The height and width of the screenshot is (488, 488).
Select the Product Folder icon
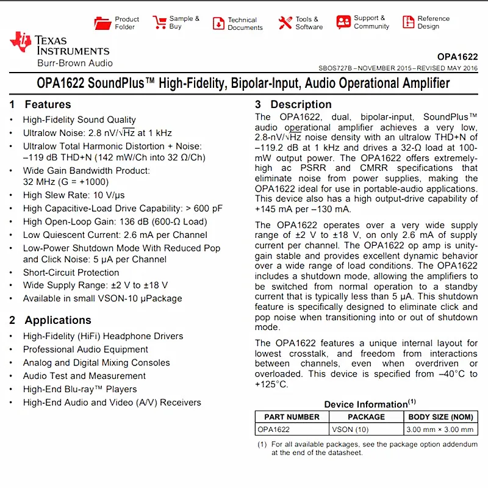[x=102, y=23]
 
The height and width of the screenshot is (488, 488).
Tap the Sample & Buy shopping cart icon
[x=159, y=23]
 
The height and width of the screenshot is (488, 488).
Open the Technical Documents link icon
[x=218, y=23]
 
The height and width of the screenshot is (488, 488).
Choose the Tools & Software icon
[x=285, y=23]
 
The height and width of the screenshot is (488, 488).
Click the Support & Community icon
[x=343, y=23]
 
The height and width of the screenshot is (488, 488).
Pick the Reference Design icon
[x=408, y=23]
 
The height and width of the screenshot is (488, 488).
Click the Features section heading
[x=48, y=104]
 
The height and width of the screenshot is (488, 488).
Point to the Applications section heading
[x=58, y=320]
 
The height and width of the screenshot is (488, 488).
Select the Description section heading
[x=301, y=104]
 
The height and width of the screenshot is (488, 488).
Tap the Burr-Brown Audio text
[x=74, y=63]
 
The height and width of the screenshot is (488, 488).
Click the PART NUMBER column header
[x=292, y=417]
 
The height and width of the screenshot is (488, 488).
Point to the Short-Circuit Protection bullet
[x=71, y=273]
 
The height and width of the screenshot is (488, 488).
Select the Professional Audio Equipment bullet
[x=85, y=350]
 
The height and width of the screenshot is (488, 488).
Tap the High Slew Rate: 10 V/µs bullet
[x=74, y=195]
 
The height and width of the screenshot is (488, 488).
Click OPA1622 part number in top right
[x=457, y=57]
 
